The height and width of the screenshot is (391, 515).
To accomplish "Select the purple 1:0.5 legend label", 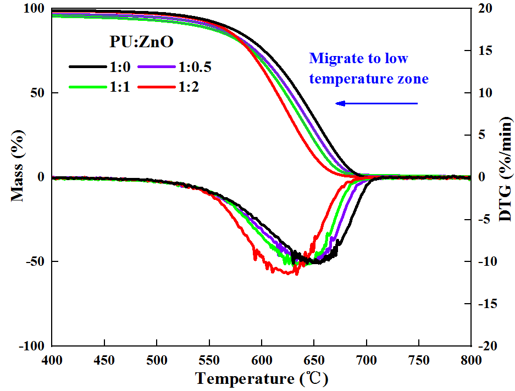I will pyautogui.click(x=195, y=67).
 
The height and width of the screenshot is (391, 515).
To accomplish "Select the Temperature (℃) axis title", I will pyautogui.click(x=262, y=379).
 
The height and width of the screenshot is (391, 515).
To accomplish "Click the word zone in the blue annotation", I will pyautogui.click(x=413, y=79).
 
